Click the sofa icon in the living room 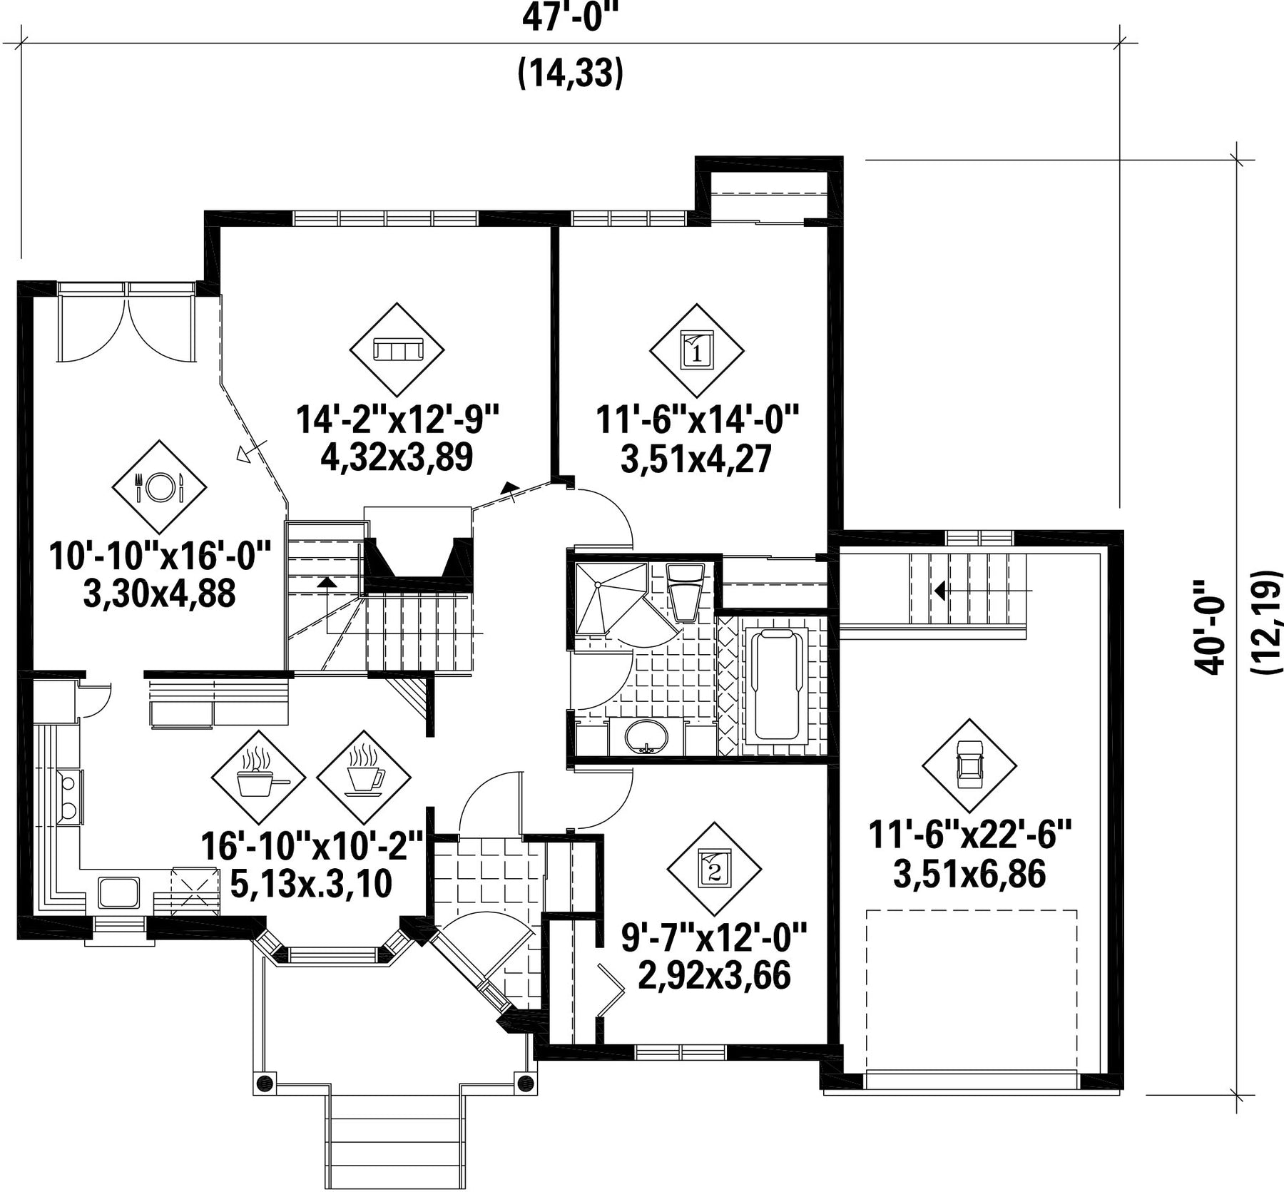pos(397,350)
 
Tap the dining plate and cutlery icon pos(159,487)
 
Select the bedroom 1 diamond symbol pos(697,351)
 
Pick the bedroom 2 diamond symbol pos(714,870)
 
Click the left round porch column pos(265,1080)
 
